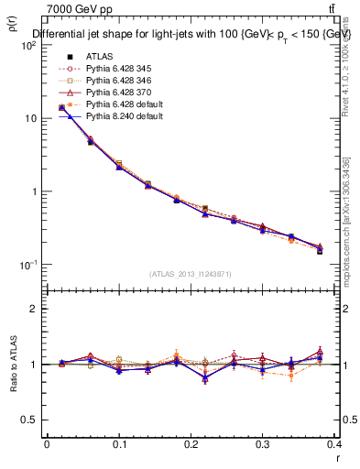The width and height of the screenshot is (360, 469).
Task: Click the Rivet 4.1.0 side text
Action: pos(344,64)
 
